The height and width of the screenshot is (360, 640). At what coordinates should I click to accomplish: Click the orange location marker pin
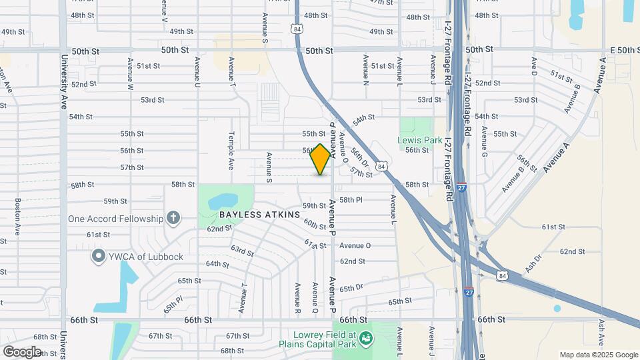[321, 159]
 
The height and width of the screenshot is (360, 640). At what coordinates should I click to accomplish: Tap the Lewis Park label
[419, 140]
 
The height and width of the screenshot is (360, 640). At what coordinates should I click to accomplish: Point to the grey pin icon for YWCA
[99, 256]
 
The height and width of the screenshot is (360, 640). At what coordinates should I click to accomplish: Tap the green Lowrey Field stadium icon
[365, 339]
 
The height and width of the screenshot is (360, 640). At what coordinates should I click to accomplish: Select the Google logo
[22, 351]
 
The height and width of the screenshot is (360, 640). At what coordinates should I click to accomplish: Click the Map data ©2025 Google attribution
[598, 355]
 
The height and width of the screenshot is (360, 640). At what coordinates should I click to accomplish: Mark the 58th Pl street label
[351, 199]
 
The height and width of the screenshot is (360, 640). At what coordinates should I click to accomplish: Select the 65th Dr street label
[351, 288]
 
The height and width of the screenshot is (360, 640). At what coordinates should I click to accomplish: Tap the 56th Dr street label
[360, 157]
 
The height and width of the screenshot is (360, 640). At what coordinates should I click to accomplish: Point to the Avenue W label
[131, 75]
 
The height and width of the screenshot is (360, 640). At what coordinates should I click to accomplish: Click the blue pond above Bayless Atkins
[224, 200]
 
